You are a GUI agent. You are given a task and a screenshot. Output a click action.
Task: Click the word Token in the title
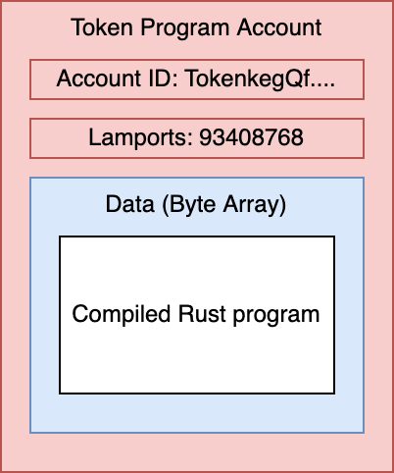[x=96, y=27]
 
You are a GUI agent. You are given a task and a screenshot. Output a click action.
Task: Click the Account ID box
[x=196, y=79]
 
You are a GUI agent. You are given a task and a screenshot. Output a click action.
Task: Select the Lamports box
[x=196, y=138]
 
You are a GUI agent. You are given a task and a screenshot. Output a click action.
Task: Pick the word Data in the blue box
[x=126, y=205]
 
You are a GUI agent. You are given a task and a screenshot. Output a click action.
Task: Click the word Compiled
[x=117, y=315]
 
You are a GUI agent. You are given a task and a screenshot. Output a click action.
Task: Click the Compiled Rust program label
[x=196, y=315]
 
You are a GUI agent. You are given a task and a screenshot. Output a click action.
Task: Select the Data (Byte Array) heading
[x=196, y=205]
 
